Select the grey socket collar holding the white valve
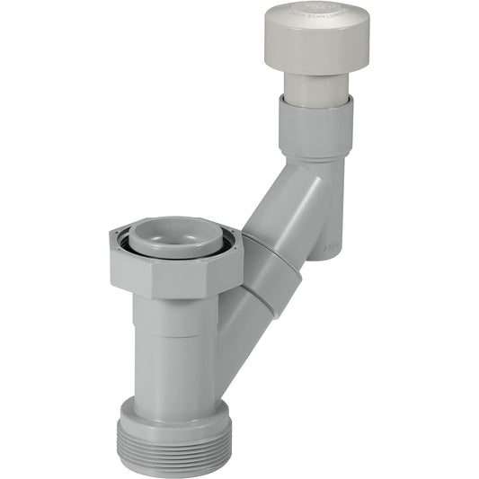[x=314, y=127]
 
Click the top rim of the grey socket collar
[x=315, y=101]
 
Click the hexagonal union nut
[x=176, y=265]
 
